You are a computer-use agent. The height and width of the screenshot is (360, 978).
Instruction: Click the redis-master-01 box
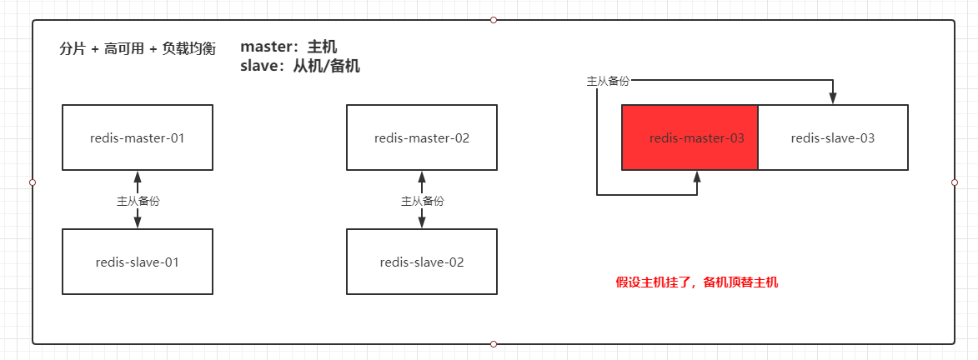[138, 137]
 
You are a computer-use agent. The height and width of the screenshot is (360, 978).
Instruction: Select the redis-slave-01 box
[138, 262]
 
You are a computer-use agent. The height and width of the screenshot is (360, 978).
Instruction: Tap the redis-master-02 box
[422, 137]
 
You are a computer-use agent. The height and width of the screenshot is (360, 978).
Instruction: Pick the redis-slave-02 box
[422, 262]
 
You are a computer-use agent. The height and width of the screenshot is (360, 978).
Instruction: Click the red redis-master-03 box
[690, 137]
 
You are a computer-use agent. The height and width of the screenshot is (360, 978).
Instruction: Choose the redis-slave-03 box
[833, 137]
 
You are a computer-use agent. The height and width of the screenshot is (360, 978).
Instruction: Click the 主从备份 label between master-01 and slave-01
[138, 201]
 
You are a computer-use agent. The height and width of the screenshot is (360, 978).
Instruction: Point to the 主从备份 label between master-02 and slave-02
[423, 201]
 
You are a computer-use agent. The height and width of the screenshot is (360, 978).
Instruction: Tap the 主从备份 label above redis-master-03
[608, 81]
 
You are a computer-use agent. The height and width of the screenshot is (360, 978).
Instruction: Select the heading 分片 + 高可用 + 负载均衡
[138, 49]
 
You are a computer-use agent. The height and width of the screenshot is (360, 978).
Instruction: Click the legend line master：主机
[288, 47]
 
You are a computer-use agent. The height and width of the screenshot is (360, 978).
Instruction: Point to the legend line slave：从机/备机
[300, 66]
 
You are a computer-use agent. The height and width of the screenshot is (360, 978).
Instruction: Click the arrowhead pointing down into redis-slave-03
[833, 99]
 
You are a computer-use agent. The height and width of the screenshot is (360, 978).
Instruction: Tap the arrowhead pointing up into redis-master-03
[697, 176]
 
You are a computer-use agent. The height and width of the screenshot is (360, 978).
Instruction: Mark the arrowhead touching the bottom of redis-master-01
[138, 176]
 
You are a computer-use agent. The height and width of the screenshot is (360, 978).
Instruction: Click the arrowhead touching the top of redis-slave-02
[423, 222]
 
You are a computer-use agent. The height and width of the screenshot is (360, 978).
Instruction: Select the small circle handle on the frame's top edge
[494, 20]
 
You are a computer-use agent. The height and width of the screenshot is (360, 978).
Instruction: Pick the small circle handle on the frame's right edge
[955, 182]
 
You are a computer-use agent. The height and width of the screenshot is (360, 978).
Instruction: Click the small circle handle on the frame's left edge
[33, 182]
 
